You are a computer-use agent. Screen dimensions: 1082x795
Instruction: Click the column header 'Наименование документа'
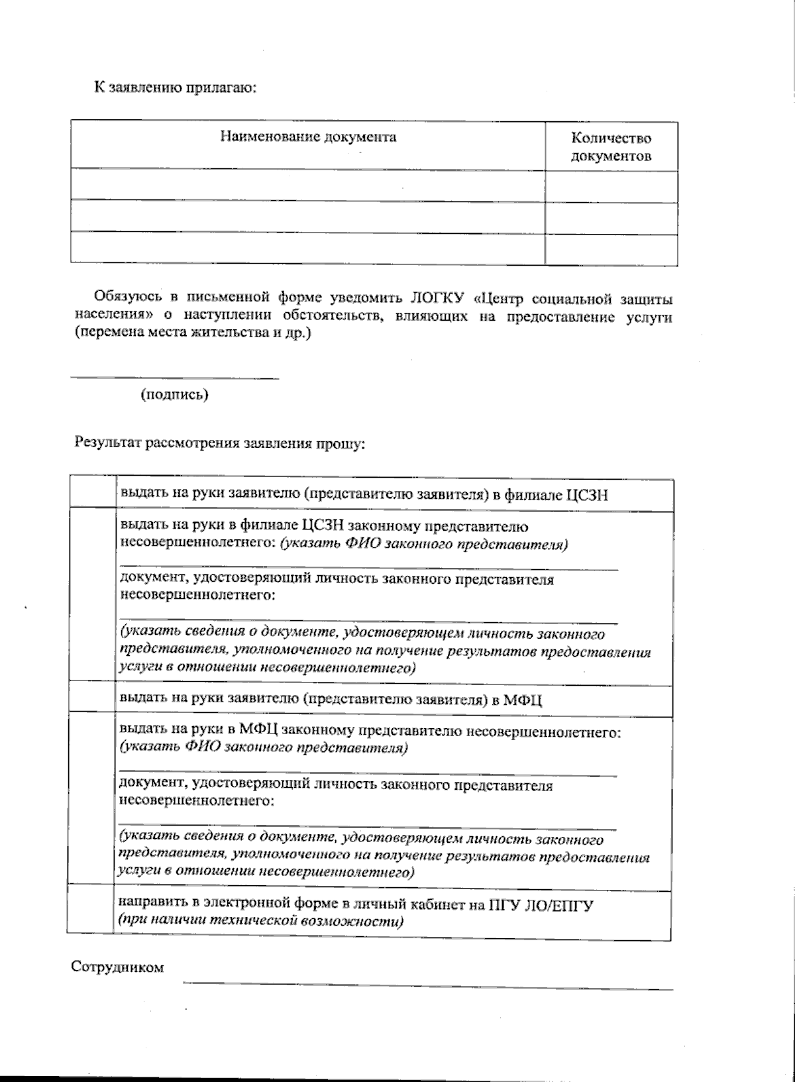click(308, 137)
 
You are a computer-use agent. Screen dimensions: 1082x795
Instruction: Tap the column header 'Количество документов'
click(611, 147)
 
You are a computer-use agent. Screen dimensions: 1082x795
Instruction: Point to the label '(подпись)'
click(174, 395)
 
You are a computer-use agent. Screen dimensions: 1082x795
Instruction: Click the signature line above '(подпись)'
click(174, 378)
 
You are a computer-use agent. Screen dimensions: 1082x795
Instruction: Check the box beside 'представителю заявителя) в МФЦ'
click(91, 698)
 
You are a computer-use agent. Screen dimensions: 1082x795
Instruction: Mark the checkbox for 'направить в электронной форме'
click(91, 912)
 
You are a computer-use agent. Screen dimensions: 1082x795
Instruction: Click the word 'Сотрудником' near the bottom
click(117, 967)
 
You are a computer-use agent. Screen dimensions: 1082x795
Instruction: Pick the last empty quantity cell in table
click(611, 249)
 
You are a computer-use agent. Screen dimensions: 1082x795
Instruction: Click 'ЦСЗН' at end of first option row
click(586, 495)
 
